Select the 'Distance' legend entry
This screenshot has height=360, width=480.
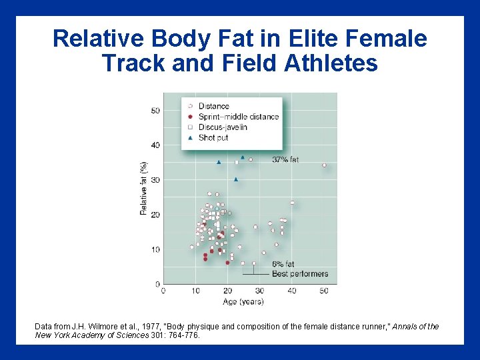click(213, 106)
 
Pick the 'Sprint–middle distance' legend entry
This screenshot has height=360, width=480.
click(238, 117)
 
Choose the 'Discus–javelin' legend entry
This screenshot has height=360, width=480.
click(223, 127)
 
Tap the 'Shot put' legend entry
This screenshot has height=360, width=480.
click(214, 137)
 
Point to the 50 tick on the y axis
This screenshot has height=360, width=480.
click(155, 111)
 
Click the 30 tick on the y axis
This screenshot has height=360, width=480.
click(155, 180)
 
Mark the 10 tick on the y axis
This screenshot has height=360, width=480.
click(155, 249)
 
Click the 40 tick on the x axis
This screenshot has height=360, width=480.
click(292, 291)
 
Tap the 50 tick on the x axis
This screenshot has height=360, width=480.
click(324, 291)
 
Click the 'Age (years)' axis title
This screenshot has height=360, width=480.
click(242, 301)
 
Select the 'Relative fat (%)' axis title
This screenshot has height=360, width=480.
click(143, 188)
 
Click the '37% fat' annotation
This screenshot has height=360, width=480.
click(285, 160)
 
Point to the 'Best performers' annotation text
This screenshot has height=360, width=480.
click(300, 274)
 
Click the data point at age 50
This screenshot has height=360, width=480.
click(324, 165)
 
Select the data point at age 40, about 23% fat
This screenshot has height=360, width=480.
click(292, 203)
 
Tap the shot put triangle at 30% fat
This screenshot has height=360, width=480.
click(236, 179)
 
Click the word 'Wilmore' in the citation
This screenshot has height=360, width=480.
click(94, 327)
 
